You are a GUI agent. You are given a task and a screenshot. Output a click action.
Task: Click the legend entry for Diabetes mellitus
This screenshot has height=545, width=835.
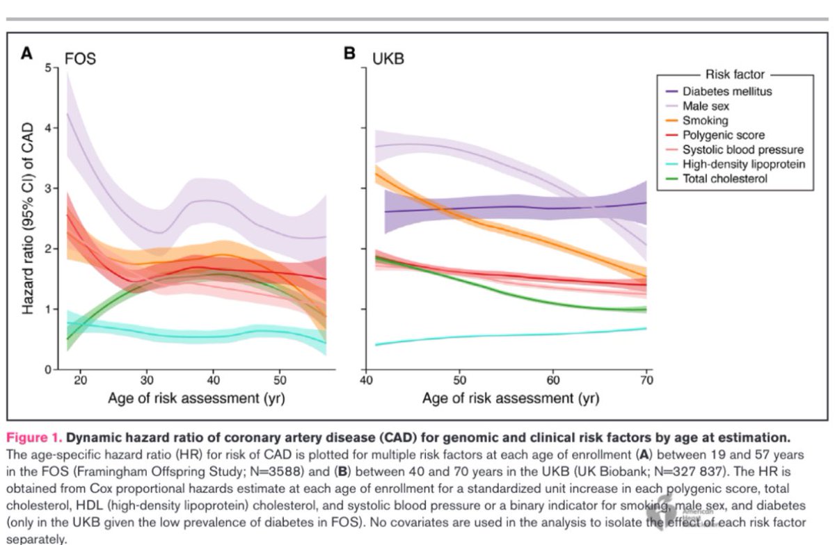(x=727, y=91)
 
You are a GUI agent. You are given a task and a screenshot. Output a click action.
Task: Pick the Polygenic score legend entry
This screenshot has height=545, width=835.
(x=724, y=135)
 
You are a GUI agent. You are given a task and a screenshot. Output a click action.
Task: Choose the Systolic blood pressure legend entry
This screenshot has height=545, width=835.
(x=742, y=149)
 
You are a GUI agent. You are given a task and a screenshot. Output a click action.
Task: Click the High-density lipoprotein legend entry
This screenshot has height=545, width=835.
(x=744, y=164)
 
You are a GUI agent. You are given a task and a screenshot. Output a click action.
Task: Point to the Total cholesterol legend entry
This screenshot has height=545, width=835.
(x=724, y=179)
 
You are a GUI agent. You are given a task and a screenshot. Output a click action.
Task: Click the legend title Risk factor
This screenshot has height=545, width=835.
(x=735, y=74)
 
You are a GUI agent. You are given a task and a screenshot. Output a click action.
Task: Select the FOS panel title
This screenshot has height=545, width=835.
(x=80, y=58)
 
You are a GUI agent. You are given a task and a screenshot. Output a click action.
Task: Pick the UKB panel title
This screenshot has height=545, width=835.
(x=388, y=58)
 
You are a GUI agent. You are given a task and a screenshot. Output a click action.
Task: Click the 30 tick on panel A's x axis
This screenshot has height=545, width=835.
(x=147, y=382)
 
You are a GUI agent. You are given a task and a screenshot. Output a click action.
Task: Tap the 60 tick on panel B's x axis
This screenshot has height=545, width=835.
(x=553, y=382)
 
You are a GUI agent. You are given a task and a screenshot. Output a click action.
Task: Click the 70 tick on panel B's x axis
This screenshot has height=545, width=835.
(x=646, y=382)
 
